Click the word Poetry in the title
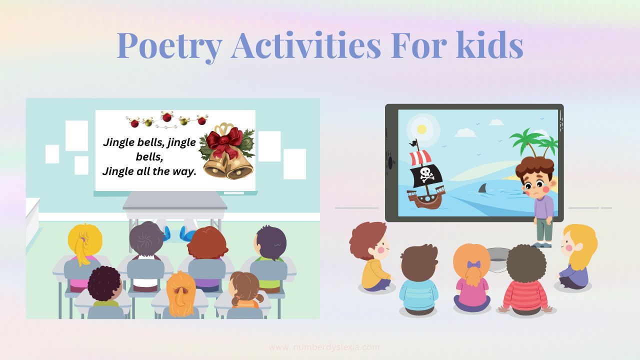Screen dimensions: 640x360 [x=169, y=46]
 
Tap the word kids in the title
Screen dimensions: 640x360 [x=489, y=44]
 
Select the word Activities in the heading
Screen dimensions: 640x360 [x=305, y=44]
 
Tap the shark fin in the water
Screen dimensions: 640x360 [x=483, y=188]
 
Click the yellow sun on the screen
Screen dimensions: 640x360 [x=421, y=129]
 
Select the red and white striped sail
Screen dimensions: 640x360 [x=420, y=157]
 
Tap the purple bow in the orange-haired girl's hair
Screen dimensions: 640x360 [x=473, y=264]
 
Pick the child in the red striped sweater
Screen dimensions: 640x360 [x=526, y=280]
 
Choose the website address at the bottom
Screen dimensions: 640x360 [x=324, y=347]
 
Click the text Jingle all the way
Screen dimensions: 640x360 [x=149, y=171]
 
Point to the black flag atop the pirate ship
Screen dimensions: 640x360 [x=413, y=143]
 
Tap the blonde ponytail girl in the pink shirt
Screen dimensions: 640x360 [x=85, y=257]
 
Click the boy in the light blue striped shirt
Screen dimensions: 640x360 [x=419, y=279]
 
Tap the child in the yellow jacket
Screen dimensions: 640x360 [x=372, y=257]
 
